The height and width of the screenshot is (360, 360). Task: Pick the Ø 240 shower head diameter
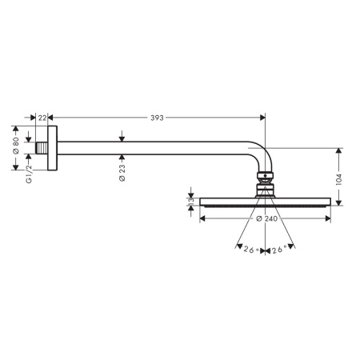(x=266, y=219)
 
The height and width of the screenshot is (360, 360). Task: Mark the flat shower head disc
(x=265, y=202)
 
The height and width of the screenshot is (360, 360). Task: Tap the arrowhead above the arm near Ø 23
(x=122, y=138)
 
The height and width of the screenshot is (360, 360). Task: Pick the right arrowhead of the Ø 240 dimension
(x=327, y=218)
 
